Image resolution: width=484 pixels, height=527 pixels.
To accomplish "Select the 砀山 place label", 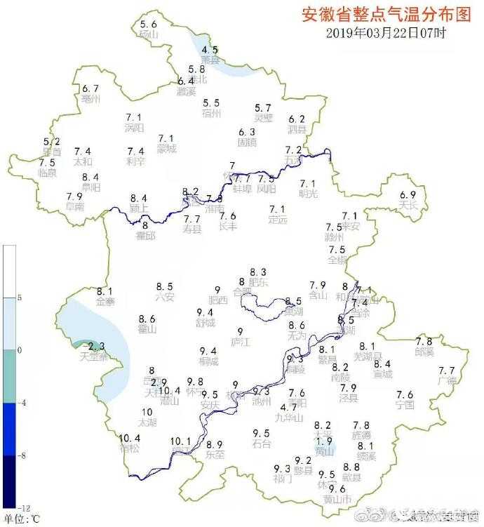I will pos(149,34).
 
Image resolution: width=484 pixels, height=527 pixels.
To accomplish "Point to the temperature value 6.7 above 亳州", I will pos(90,88).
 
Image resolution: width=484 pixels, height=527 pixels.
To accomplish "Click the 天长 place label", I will pos(408,205).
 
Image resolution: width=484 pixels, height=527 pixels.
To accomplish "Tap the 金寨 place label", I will pos(105,302).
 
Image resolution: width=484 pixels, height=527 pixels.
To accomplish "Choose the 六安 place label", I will pos(164,297).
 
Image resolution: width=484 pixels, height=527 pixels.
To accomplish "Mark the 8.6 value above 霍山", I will pos(147,319).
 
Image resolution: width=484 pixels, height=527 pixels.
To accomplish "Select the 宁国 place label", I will pos(405,405).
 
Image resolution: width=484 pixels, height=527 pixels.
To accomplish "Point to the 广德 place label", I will pos(447,381).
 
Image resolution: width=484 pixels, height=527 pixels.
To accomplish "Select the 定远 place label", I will pos(278,220).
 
